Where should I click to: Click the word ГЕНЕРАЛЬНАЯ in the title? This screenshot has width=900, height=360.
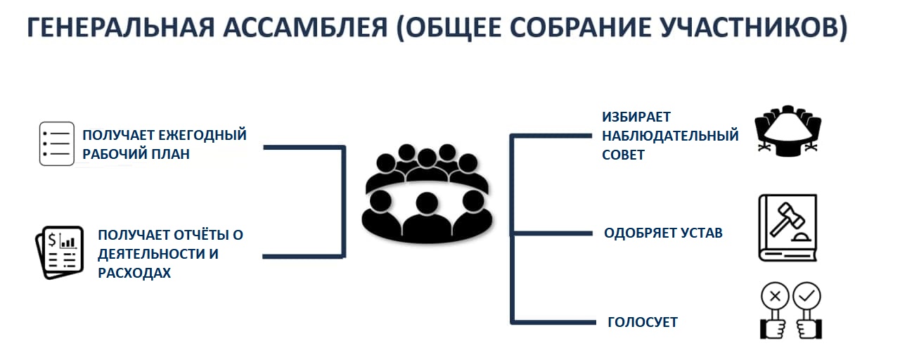tap(121, 27)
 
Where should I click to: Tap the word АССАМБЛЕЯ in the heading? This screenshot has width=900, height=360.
tap(305, 27)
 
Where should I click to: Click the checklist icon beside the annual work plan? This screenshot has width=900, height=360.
tap(57, 144)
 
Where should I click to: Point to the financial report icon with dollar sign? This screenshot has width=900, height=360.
tap(60, 252)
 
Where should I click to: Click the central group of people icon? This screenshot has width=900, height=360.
tap(427, 193)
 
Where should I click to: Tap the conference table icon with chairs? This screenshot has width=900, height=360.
tap(787, 131)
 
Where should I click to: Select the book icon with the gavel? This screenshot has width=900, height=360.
tap(787, 228)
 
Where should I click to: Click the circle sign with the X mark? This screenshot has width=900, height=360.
tap(775, 297)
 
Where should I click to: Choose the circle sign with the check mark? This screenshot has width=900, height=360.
tap(806, 297)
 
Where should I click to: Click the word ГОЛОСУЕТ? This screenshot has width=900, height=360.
tap(643, 322)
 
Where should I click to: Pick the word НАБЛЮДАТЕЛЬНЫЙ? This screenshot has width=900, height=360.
tap(670, 136)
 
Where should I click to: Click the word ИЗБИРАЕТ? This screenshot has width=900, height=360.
tap(636, 117)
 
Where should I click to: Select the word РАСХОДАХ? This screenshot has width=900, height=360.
tap(134, 274)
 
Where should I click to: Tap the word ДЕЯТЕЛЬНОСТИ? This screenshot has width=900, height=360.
tap(150, 254)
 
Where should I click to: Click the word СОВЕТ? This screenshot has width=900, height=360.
tap(623, 155)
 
